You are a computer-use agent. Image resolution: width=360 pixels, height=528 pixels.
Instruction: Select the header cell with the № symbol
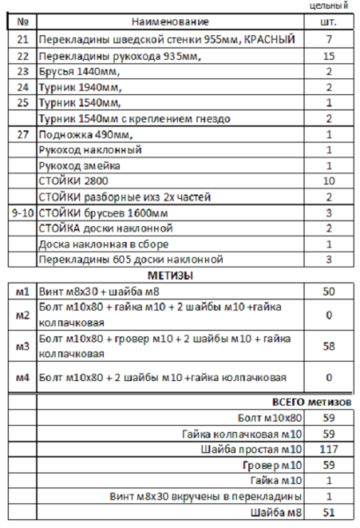point(23,20)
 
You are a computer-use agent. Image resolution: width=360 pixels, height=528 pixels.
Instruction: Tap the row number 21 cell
point(23,40)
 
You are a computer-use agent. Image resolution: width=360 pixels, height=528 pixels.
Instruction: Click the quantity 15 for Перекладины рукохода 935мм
point(328,56)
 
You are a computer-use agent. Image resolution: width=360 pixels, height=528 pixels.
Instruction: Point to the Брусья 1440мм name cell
point(79,72)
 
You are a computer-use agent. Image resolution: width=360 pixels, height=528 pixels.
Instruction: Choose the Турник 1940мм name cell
point(79,88)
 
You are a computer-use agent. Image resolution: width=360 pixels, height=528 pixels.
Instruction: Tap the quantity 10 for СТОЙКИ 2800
point(328,181)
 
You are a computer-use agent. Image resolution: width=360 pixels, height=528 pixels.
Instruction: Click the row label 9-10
point(23,212)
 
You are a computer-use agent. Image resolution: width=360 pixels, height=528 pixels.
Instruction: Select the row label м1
point(23,290)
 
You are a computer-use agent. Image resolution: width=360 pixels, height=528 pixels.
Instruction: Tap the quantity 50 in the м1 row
point(328,290)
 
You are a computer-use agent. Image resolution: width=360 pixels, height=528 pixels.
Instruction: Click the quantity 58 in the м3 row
point(328,347)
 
